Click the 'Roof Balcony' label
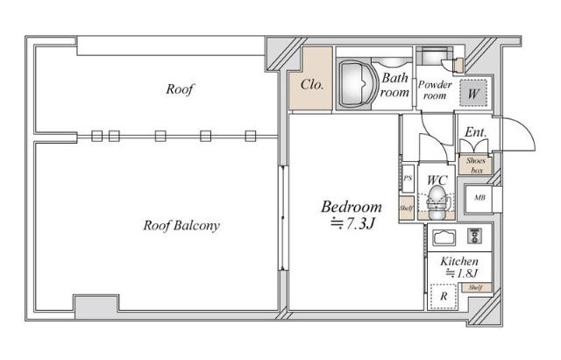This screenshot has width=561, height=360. (x=181, y=225)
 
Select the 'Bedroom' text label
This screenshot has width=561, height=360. (x=352, y=208)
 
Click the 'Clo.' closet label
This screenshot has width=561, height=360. (x=312, y=86)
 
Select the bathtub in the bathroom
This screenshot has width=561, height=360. (x=356, y=83)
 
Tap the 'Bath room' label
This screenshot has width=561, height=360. (x=394, y=84)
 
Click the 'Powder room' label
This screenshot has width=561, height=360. (x=434, y=89)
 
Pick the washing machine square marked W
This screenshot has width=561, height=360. (x=472, y=91)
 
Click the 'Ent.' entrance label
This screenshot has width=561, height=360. (x=475, y=132)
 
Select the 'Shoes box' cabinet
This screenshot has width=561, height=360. (x=476, y=166)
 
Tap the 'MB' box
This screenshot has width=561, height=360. (x=479, y=197)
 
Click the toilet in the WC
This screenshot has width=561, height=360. (x=436, y=204)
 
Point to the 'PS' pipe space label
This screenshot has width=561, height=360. (x=408, y=179)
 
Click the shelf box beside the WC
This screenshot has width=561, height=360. (x=407, y=209)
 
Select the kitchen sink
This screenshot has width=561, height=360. (x=444, y=236)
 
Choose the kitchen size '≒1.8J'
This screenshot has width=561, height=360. (x=459, y=273)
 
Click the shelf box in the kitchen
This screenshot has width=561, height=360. (x=475, y=287)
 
